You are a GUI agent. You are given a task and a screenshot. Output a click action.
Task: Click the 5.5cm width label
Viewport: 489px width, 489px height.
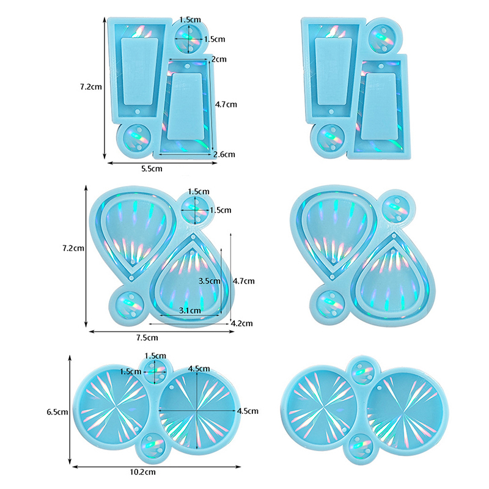(x=152, y=169)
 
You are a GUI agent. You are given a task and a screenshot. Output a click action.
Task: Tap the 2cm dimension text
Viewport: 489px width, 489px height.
(x=219, y=59)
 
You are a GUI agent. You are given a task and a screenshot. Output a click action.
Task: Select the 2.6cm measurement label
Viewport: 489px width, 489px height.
(x=224, y=154)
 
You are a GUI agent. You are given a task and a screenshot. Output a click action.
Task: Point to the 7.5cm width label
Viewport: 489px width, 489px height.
(x=147, y=337)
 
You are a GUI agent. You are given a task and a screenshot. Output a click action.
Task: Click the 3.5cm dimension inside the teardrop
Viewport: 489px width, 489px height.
(x=209, y=281)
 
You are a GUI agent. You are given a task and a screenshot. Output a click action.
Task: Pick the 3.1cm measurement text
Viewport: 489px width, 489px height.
(x=190, y=311)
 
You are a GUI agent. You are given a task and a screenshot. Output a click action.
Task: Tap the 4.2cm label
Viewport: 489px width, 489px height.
(x=242, y=323)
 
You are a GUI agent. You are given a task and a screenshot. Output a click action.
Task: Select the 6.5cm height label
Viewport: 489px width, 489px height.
(x=57, y=412)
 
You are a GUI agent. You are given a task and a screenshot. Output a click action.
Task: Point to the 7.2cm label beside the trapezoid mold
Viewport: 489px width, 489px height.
(x=91, y=87)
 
